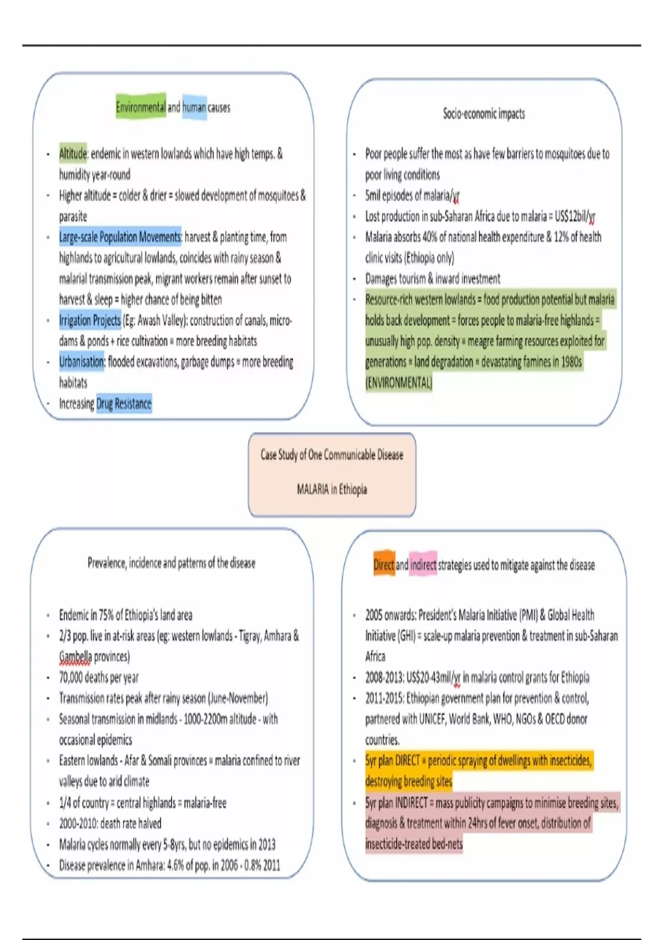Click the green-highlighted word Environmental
(140, 107)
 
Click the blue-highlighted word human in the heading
(194, 107)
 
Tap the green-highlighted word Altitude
(73, 153)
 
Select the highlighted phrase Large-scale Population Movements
(120, 237)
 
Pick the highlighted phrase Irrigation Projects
(90, 320)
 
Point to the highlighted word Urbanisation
(82, 362)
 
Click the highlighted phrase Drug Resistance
(124, 404)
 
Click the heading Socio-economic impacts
(483, 114)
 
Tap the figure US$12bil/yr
(575, 216)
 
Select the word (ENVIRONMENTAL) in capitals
(398, 383)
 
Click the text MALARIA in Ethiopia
(331, 489)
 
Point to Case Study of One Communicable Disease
(331, 455)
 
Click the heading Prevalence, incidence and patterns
(171, 563)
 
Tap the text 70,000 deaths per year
(99, 677)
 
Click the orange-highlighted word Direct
(383, 565)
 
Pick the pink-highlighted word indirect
(423, 565)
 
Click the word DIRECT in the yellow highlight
(407, 760)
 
